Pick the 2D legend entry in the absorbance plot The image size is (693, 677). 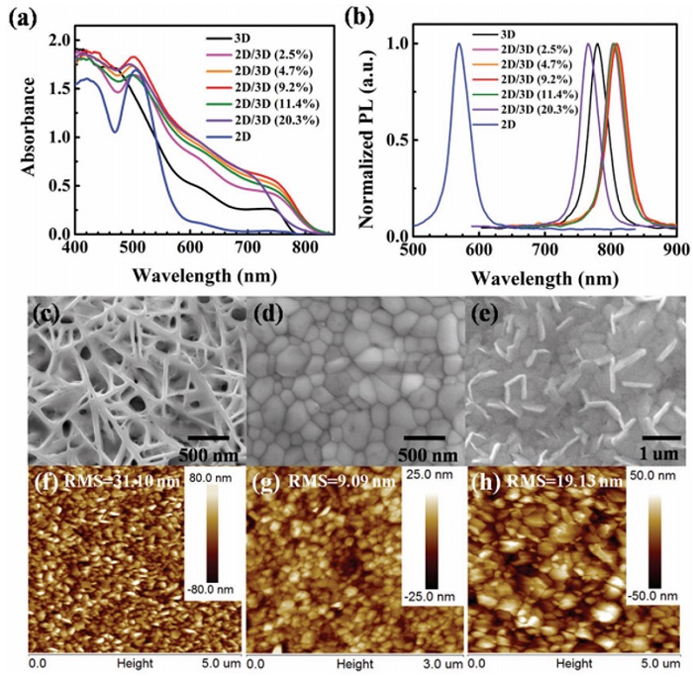tap(240, 143)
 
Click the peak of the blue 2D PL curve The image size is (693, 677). tap(459, 44)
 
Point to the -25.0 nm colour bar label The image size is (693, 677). tap(430, 596)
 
